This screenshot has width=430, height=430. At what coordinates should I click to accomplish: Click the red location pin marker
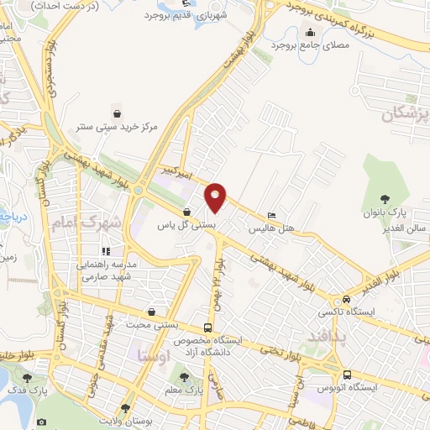217,197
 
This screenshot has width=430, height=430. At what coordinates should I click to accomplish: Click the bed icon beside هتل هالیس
270,213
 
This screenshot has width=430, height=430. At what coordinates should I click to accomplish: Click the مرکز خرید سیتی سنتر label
117,126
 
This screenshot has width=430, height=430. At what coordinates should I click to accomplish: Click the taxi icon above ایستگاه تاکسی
345,300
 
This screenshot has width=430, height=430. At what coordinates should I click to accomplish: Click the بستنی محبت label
151,325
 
